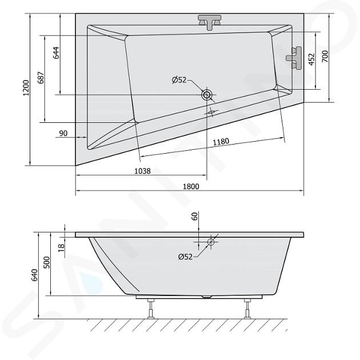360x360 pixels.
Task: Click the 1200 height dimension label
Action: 27,87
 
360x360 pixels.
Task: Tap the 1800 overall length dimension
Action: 191,186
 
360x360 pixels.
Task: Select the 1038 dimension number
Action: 142,171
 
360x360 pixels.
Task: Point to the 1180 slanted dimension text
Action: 221,142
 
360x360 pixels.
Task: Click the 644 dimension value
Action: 57,53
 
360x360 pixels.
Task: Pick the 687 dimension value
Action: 41,78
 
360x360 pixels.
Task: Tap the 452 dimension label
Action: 311,59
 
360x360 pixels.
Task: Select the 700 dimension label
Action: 325,56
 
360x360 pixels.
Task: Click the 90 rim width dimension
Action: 63,133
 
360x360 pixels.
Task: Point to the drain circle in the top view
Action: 207,95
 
